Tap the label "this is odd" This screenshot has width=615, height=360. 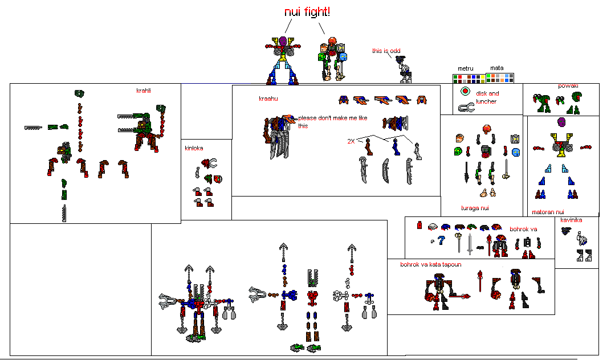(385, 51)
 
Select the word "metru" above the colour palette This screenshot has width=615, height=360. (466, 68)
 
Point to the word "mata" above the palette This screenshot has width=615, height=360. (496, 68)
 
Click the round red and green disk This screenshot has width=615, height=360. (465, 91)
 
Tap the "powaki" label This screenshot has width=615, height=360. (568, 86)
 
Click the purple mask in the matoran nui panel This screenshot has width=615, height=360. (561, 122)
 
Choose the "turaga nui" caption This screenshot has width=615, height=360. (475, 208)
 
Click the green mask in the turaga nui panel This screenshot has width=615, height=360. (458, 152)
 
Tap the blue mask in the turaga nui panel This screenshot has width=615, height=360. (516, 152)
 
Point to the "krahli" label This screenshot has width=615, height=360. (144, 91)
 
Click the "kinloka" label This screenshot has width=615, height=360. (194, 148)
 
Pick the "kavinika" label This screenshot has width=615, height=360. (571, 220)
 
